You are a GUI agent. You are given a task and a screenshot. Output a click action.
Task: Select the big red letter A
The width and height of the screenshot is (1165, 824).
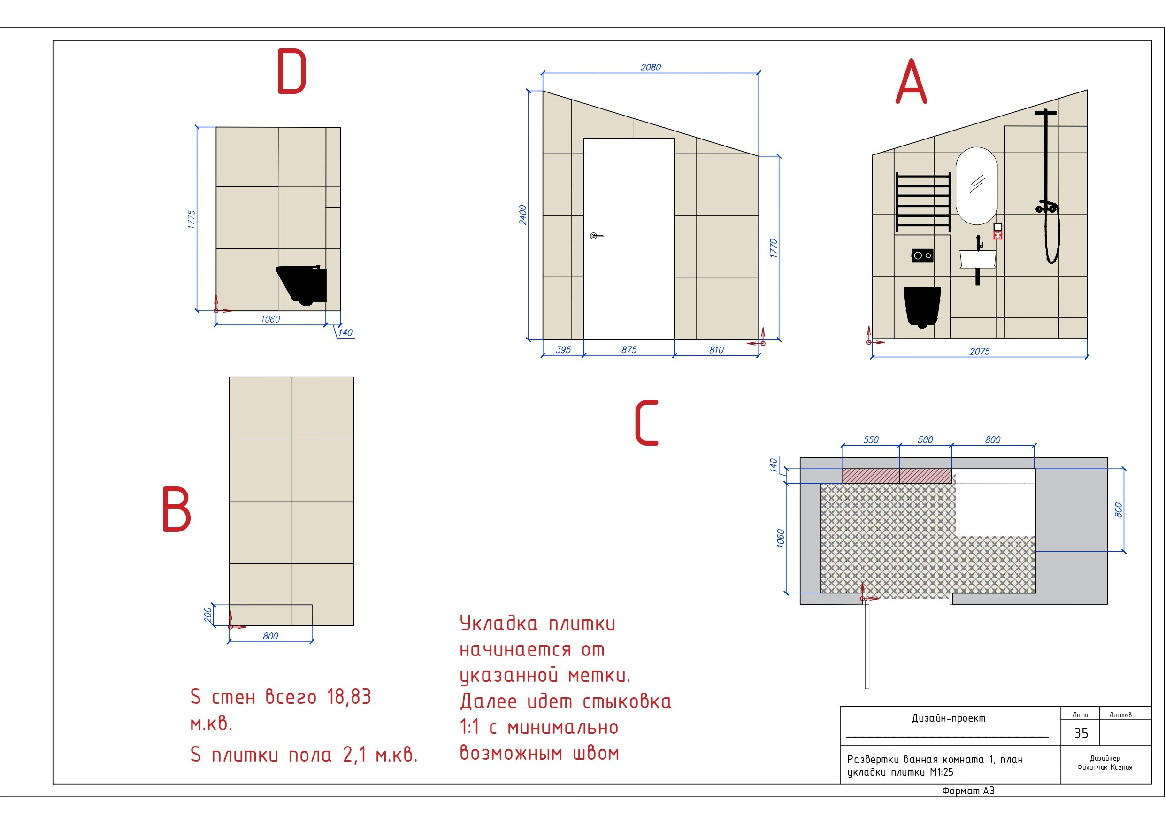tap(911, 81)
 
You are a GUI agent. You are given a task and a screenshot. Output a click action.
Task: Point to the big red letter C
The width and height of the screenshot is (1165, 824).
tap(646, 423)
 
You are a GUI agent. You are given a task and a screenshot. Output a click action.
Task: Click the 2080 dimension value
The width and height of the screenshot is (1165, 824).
tap(651, 68)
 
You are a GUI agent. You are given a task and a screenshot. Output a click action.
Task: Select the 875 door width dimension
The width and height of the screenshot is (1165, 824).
tap(628, 350)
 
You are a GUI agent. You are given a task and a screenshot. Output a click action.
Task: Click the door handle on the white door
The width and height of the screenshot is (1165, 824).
tap(596, 236)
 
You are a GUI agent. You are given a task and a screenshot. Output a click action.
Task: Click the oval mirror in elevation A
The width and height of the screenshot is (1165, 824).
tap(976, 186)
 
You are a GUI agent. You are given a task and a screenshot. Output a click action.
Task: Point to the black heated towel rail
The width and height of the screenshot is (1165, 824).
tap(923, 201)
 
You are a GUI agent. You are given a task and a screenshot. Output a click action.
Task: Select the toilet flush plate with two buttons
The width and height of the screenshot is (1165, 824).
tap(922, 255)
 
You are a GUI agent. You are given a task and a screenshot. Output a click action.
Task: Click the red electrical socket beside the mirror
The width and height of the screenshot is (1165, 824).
tap(997, 235)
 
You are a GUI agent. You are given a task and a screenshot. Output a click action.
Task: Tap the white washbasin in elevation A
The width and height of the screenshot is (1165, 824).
tap(978, 258)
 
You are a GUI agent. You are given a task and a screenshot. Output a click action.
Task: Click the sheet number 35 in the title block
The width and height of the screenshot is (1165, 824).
tap(1081, 733)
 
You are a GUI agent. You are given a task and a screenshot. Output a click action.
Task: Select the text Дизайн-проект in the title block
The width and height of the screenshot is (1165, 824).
tap(948, 718)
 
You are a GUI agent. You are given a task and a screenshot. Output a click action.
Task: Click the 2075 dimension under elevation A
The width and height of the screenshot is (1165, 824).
tap(979, 351)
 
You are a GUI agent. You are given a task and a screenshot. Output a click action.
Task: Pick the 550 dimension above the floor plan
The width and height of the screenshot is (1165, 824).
tap(871, 439)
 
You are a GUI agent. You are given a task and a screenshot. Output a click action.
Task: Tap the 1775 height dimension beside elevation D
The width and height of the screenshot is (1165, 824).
tap(192, 219)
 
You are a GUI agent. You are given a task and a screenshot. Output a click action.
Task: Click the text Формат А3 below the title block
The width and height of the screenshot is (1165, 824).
tap(968, 791)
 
